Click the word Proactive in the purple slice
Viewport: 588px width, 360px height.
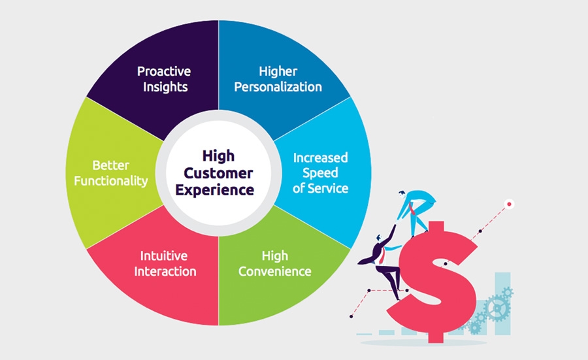point(164,71)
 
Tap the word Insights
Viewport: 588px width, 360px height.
point(165,87)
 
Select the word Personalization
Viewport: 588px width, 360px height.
point(278,87)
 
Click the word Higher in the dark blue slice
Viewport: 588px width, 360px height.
point(278,71)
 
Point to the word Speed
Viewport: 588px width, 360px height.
point(320,173)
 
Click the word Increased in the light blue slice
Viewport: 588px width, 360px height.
point(320,157)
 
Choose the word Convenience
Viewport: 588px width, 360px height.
point(275,271)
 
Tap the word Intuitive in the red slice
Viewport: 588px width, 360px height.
point(164,255)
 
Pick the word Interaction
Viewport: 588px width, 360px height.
point(165,271)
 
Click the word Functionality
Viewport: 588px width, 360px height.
point(111,181)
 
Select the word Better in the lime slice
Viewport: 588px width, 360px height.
point(111,165)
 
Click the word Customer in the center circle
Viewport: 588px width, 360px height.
point(218,173)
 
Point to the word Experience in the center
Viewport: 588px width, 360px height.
point(214,189)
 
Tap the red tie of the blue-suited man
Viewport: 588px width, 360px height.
point(412,208)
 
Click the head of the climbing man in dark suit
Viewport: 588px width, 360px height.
point(379,238)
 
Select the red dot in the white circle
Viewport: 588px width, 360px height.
point(509,205)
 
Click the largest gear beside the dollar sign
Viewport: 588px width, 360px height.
point(497,308)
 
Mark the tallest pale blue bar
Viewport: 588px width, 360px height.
point(502,303)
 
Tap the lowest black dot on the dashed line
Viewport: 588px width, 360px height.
point(351,316)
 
